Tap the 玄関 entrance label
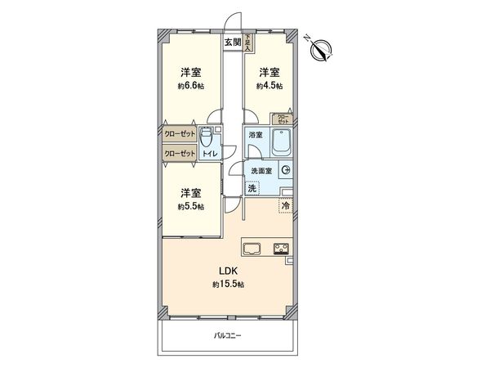point(233,41)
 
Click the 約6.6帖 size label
point(192,86)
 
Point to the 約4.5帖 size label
point(269,86)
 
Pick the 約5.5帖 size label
point(192,207)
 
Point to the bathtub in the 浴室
point(279,146)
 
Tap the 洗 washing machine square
point(252,188)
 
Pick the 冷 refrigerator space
point(286,206)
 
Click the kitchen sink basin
point(250,249)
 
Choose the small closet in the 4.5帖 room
point(282,119)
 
